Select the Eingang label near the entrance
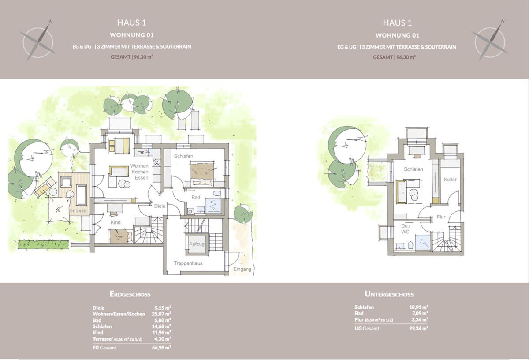(x=242, y=269)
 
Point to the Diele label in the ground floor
(x=159, y=206)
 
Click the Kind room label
(x=115, y=222)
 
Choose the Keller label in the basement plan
(x=450, y=180)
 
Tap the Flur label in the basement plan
(x=441, y=217)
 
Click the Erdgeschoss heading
(x=130, y=294)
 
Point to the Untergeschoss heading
(x=389, y=294)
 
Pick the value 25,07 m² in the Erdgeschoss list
(x=163, y=314)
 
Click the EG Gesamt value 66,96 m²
(x=163, y=348)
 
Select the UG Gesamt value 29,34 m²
(x=419, y=328)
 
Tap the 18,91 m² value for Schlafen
(x=419, y=307)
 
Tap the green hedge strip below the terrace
(x=43, y=244)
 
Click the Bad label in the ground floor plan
(x=196, y=197)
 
